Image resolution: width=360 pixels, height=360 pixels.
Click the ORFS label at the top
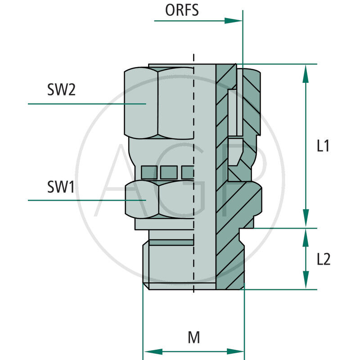pos(182,10)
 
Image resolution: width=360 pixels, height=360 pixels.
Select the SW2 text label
pos(61,90)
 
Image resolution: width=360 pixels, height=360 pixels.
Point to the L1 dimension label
pos(323,146)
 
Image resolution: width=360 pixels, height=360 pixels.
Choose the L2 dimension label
pos(323,259)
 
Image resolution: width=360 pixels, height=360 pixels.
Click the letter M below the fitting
pos(193,337)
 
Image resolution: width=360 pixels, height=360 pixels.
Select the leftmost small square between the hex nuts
pos(148,171)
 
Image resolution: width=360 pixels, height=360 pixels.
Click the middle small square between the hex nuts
pos(168,171)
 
